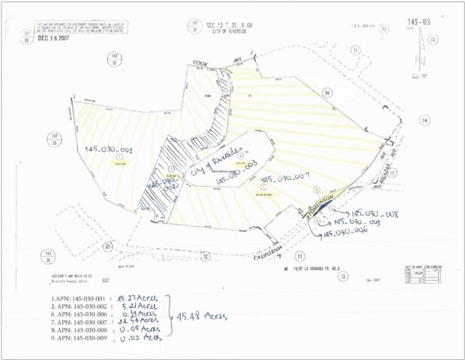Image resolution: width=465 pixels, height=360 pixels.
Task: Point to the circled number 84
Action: tap(328, 92)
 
